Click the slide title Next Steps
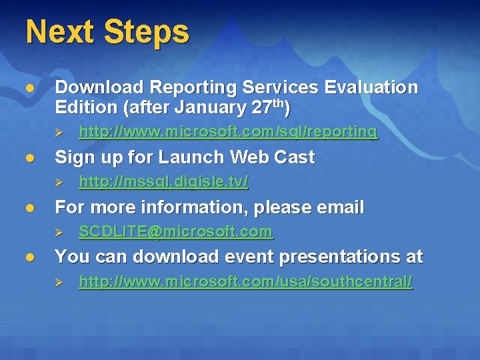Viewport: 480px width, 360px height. (x=107, y=32)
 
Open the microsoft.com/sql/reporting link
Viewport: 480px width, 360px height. (x=228, y=132)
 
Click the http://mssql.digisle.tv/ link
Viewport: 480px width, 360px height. (x=163, y=181)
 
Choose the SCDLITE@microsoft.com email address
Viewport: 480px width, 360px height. (x=175, y=232)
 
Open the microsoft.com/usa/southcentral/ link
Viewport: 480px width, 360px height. (x=245, y=283)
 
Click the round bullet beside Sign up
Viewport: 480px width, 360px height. (x=29, y=158)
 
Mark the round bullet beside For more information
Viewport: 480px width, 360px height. (x=29, y=208)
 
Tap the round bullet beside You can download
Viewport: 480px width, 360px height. (x=29, y=257)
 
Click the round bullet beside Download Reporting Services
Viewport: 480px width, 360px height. (x=29, y=88)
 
